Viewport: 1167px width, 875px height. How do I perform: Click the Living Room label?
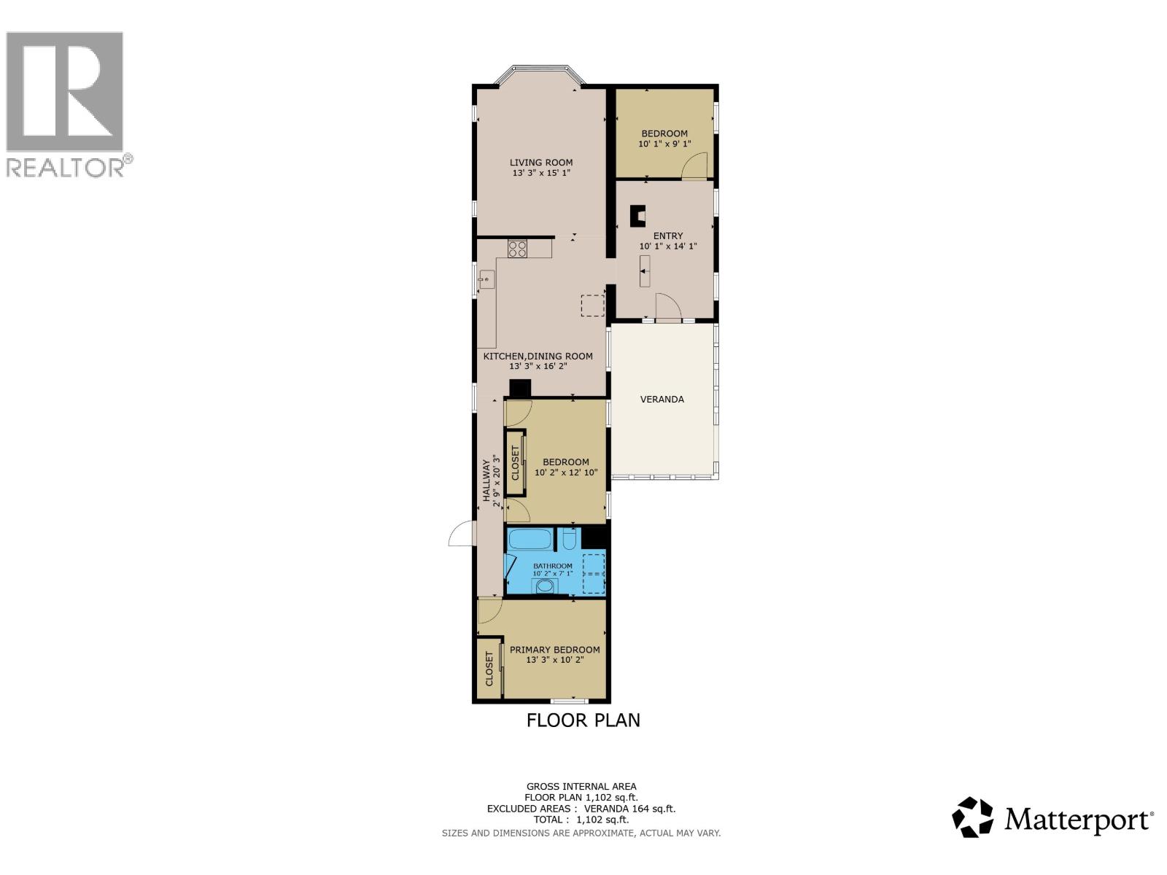coord(540,163)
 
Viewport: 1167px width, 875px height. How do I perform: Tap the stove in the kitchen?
coord(518,249)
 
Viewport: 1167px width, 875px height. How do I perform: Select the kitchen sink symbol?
coord(486,279)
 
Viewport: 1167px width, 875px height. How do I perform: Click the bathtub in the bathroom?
coord(530,540)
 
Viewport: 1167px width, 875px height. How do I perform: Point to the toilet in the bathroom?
coord(570,540)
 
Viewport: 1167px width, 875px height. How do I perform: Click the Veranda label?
coord(662,400)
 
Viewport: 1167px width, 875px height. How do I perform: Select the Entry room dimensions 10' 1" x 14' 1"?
coord(667,246)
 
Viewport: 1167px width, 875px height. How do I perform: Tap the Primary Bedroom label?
coord(554,650)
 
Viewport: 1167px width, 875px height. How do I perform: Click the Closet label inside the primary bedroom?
coord(489,669)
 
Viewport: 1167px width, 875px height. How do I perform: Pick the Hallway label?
coord(486,480)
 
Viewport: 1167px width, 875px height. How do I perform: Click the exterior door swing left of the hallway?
coord(461,534)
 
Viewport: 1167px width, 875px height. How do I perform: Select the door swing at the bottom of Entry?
coord(668,306)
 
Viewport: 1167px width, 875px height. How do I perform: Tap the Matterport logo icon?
coord(973,817)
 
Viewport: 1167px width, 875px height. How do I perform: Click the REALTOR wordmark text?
coord(66,167)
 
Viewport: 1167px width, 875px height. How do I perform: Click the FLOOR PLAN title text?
coord(583,720)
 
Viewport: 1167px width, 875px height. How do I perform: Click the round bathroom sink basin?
coord(544,586)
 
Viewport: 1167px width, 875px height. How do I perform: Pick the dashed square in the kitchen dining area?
coord(592,306)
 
